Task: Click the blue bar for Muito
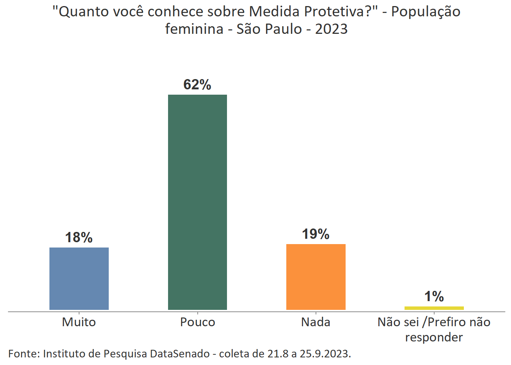click(79, 278)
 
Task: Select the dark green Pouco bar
click(197, 202)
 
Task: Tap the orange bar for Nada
click(316, 277)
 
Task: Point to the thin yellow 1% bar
click(434, 308)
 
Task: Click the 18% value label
click(79, 238)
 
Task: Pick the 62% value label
click(197, 84)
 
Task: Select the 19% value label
click(316, 234)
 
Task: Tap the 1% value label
click(434, 297)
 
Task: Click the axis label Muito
click(79, 322)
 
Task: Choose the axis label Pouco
click(197, 322)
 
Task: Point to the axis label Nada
click(316, 322)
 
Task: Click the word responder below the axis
click(434, 337)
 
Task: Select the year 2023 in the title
click(331, 29)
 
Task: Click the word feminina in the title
click(194, 29)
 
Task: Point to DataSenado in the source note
click(180, 354)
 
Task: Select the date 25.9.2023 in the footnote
click(324, 354)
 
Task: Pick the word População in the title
click(425, 12)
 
